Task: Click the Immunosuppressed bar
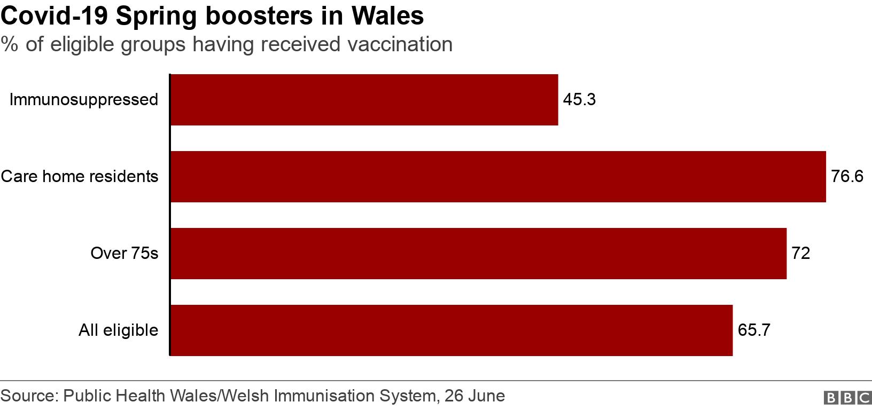point(364,100)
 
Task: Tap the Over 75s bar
point(478,254)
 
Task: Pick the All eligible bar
point(451,330)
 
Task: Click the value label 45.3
point(579,100)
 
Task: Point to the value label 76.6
point(847,177)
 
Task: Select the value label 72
point(801,254)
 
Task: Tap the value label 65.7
point(754,330)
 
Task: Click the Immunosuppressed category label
point(84,100)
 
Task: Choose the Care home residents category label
point(80,177)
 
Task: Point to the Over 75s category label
point(124,254)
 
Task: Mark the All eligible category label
point(119,330)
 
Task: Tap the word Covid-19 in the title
point(54,16)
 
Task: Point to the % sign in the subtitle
point(9,44)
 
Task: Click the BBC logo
point(847,398)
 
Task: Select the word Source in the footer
point(28,396)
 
